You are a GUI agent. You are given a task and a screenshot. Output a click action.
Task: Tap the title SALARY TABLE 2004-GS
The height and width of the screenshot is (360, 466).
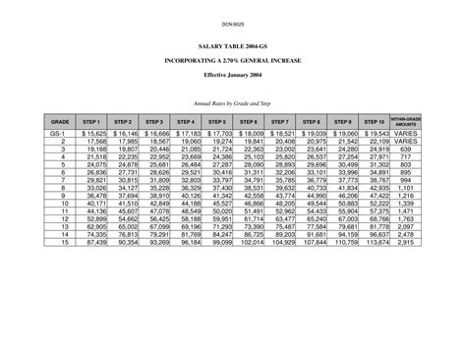tap(233, 46)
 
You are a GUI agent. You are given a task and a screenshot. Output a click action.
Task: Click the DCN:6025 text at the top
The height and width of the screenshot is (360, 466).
tap(233, 21)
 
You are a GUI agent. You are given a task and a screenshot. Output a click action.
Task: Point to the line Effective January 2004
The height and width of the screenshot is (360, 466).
tap(233, 74)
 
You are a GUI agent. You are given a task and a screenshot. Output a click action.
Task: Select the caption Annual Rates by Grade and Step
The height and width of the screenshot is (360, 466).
tap(233, 101)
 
